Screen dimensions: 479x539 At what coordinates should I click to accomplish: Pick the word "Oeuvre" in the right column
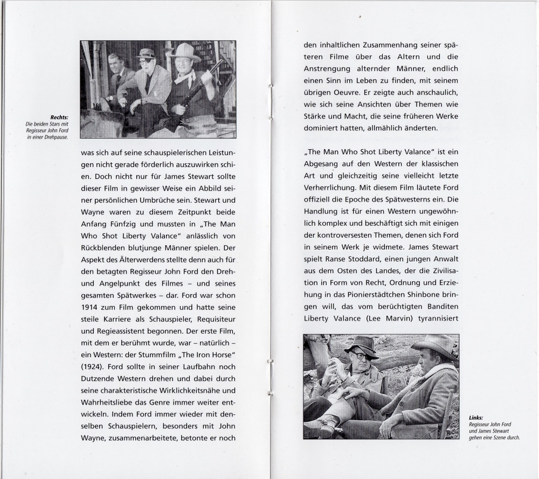tap(346, 93)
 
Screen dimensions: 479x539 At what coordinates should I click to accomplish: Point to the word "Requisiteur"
tap(214, 319)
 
